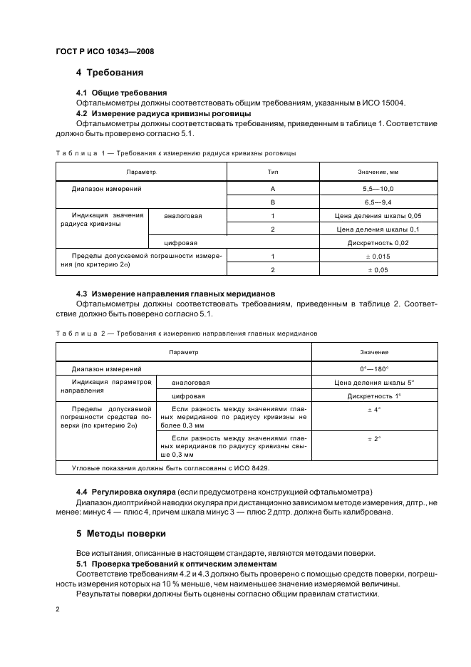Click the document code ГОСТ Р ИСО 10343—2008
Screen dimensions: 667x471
click(x=104, y=52)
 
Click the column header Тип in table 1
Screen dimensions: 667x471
click(x=272, y=172)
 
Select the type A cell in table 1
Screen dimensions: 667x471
click(x=272, y=188)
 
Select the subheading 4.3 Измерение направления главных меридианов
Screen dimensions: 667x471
click(x=175, y=294)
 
